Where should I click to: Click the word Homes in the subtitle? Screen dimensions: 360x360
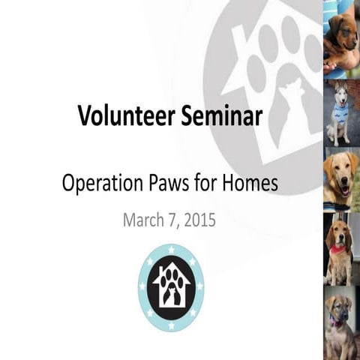tap(251, 183)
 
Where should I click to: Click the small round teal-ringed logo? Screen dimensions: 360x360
tap(171, 287)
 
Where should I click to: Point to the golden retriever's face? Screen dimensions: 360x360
tap(340, 173)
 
